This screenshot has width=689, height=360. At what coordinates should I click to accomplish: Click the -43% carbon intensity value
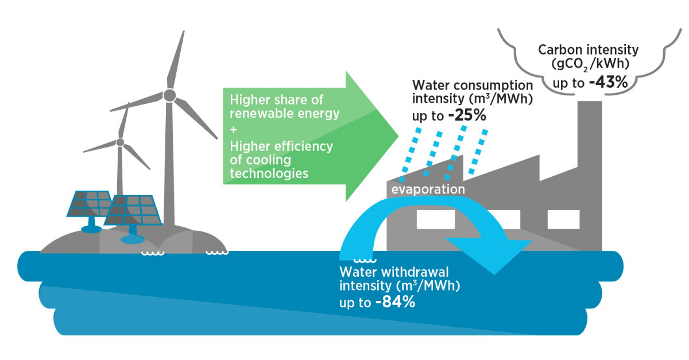[608, 83]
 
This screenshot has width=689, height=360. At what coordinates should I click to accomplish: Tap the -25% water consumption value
[467, 115]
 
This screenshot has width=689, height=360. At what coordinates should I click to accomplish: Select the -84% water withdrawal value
[395, 302]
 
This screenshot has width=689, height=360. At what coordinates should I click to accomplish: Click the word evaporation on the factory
[428, 189]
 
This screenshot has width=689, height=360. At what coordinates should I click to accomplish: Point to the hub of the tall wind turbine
[169, 95]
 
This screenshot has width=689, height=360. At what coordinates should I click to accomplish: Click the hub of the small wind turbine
[120, 142]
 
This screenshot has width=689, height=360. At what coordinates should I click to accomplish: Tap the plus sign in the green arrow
[234, 130]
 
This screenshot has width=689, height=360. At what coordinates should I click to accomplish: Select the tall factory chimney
[590, 175]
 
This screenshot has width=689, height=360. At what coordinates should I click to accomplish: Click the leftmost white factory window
[436, 219]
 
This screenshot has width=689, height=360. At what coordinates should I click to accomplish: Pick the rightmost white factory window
[563, 219]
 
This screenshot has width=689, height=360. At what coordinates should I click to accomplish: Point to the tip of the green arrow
[398, 136]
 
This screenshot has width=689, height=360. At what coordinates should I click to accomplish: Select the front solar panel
[133, 210]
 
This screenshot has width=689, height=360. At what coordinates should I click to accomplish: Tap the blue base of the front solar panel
[133, 236]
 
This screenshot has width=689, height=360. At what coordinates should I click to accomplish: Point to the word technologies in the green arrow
[269, 173]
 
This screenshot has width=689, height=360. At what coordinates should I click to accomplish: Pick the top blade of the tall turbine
[176, 60]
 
